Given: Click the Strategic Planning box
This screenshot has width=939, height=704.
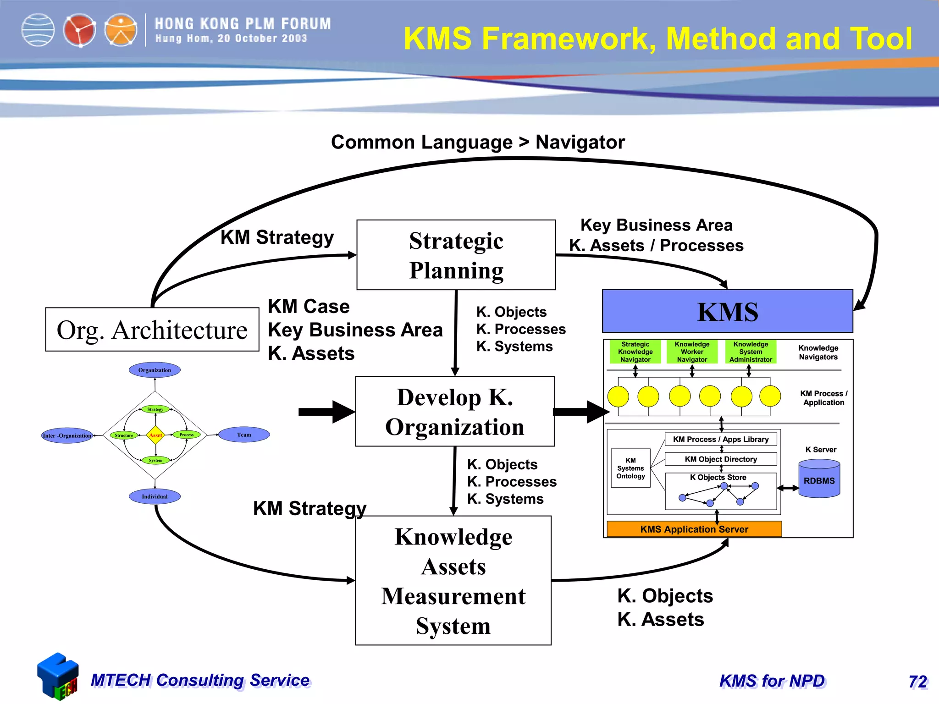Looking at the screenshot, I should [x=456, y=255].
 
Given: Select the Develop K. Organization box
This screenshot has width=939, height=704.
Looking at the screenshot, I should [x=455, y=411].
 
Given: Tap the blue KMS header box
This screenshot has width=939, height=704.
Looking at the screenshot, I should [x=727, y=311].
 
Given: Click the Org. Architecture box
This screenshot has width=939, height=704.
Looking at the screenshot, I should [x=152, y=330].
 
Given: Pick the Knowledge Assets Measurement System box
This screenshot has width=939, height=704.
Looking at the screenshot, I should [x=453, y=580].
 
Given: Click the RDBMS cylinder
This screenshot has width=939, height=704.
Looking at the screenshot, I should [x=819, y=480].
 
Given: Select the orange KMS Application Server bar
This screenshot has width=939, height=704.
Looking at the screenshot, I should [x=694, y=529].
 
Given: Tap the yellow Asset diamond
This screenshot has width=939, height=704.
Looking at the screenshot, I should [x=156, y=435].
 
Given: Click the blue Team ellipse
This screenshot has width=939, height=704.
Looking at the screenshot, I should [x=244, y=434].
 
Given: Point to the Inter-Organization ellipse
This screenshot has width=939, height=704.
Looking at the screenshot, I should [x=67, y=435].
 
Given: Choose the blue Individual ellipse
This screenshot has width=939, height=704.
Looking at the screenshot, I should [x=155, y=496].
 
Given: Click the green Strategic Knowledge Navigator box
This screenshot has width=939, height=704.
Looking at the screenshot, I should [x=635, y=352].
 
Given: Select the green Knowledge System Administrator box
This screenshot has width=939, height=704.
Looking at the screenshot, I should [x=751, y=352].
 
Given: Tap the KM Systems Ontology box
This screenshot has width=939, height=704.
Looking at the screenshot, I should [x=630, y=468].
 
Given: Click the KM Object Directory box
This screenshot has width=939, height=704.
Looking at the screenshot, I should [x=720, y=459].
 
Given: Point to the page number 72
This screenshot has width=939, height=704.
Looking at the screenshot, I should [x=917, y=682].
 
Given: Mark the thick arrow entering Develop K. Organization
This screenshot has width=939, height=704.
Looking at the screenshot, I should [x=326, y=412].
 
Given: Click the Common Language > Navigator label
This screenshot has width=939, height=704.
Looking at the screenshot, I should [x=478, y=142].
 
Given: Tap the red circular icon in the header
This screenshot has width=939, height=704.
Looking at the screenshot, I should [x=79, y=30].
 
